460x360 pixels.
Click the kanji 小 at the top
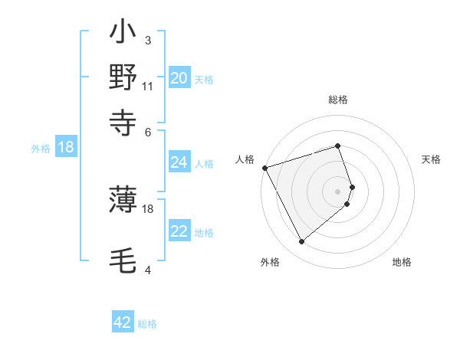123,34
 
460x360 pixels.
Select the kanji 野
123,77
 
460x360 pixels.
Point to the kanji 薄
123,200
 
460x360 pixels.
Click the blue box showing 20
179,78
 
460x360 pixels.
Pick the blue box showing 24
179,162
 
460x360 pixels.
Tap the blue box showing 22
179,231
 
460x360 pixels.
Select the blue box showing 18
65,148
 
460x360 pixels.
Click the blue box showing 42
123,322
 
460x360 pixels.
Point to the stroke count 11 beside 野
148,86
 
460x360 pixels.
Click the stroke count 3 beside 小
148,40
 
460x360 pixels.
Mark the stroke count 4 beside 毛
148,270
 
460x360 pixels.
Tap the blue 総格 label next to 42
147,324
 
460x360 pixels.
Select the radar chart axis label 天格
431,159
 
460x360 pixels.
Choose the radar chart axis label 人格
245,159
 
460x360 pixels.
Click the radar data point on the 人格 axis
264,168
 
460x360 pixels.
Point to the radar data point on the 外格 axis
301,242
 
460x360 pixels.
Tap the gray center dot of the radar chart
338,191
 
